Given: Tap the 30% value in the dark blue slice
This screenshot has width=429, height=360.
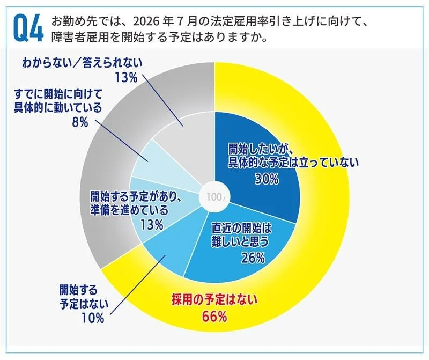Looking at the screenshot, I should pyautogui.click(x=267, y=179).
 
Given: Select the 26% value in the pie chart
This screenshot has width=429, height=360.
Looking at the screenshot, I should pyautogui.click(x=253, y=258).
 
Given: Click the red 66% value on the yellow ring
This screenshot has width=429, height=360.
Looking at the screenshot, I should pyautogui.click(x=214, y=317).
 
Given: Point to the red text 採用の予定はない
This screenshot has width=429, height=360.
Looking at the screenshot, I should pyautogui.click(x=214, y=300).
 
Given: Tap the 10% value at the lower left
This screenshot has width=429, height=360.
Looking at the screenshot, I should pyautogui.click(x=92, y=318).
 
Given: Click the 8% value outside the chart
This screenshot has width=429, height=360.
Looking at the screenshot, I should pyautogui.click(x=79, y=123).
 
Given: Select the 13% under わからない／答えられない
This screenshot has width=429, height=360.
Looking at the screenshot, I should pyautogui.click(x=127, y=77).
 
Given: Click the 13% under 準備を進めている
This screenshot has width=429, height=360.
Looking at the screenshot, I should pyautogui.click(x=151, y=225).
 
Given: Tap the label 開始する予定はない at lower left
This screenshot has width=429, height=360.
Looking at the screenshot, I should pyautogui.click(x=83, y=297).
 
